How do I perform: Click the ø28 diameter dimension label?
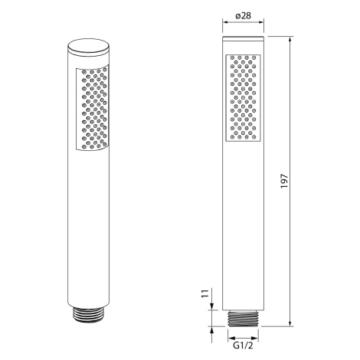coord(244,16)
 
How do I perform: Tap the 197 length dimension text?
coord(284,182)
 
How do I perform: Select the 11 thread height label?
coord(205,293)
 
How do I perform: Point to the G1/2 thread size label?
coord(243,345)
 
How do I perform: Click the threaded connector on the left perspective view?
coord(89,314)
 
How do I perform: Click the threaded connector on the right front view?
coord(243,319)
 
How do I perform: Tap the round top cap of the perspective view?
coord(89,47)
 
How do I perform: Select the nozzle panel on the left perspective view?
coord(92,108)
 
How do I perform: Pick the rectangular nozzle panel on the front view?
coord(243,98)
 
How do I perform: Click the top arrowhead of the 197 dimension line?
coord(290,40)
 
